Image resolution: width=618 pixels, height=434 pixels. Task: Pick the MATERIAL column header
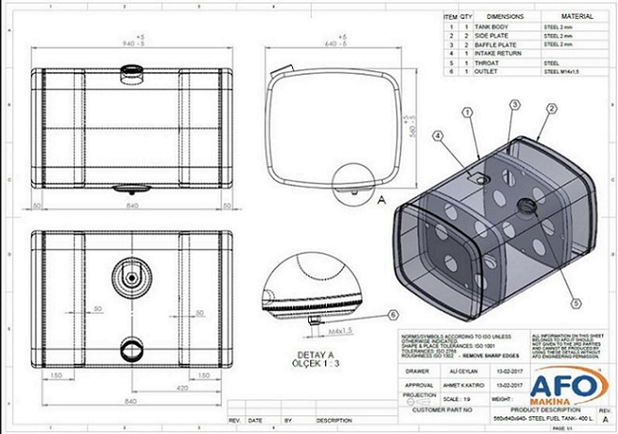(x=576, y=17)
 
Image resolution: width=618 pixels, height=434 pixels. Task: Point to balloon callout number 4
(x=437, y=136)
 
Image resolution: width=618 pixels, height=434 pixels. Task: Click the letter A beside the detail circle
(x=380, y=200)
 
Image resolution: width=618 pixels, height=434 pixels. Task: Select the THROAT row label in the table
(x=476, y=62)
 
